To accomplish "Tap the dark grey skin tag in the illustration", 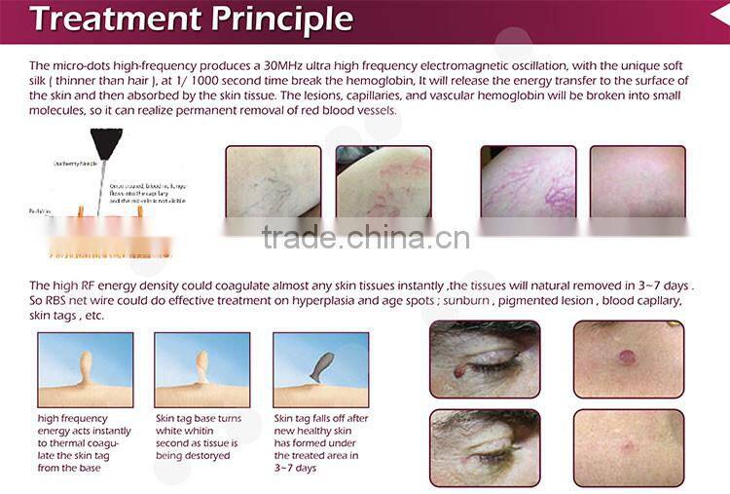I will point(320,366).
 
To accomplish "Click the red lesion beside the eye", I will point(459,370).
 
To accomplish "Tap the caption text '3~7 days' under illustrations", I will point(298,468).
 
